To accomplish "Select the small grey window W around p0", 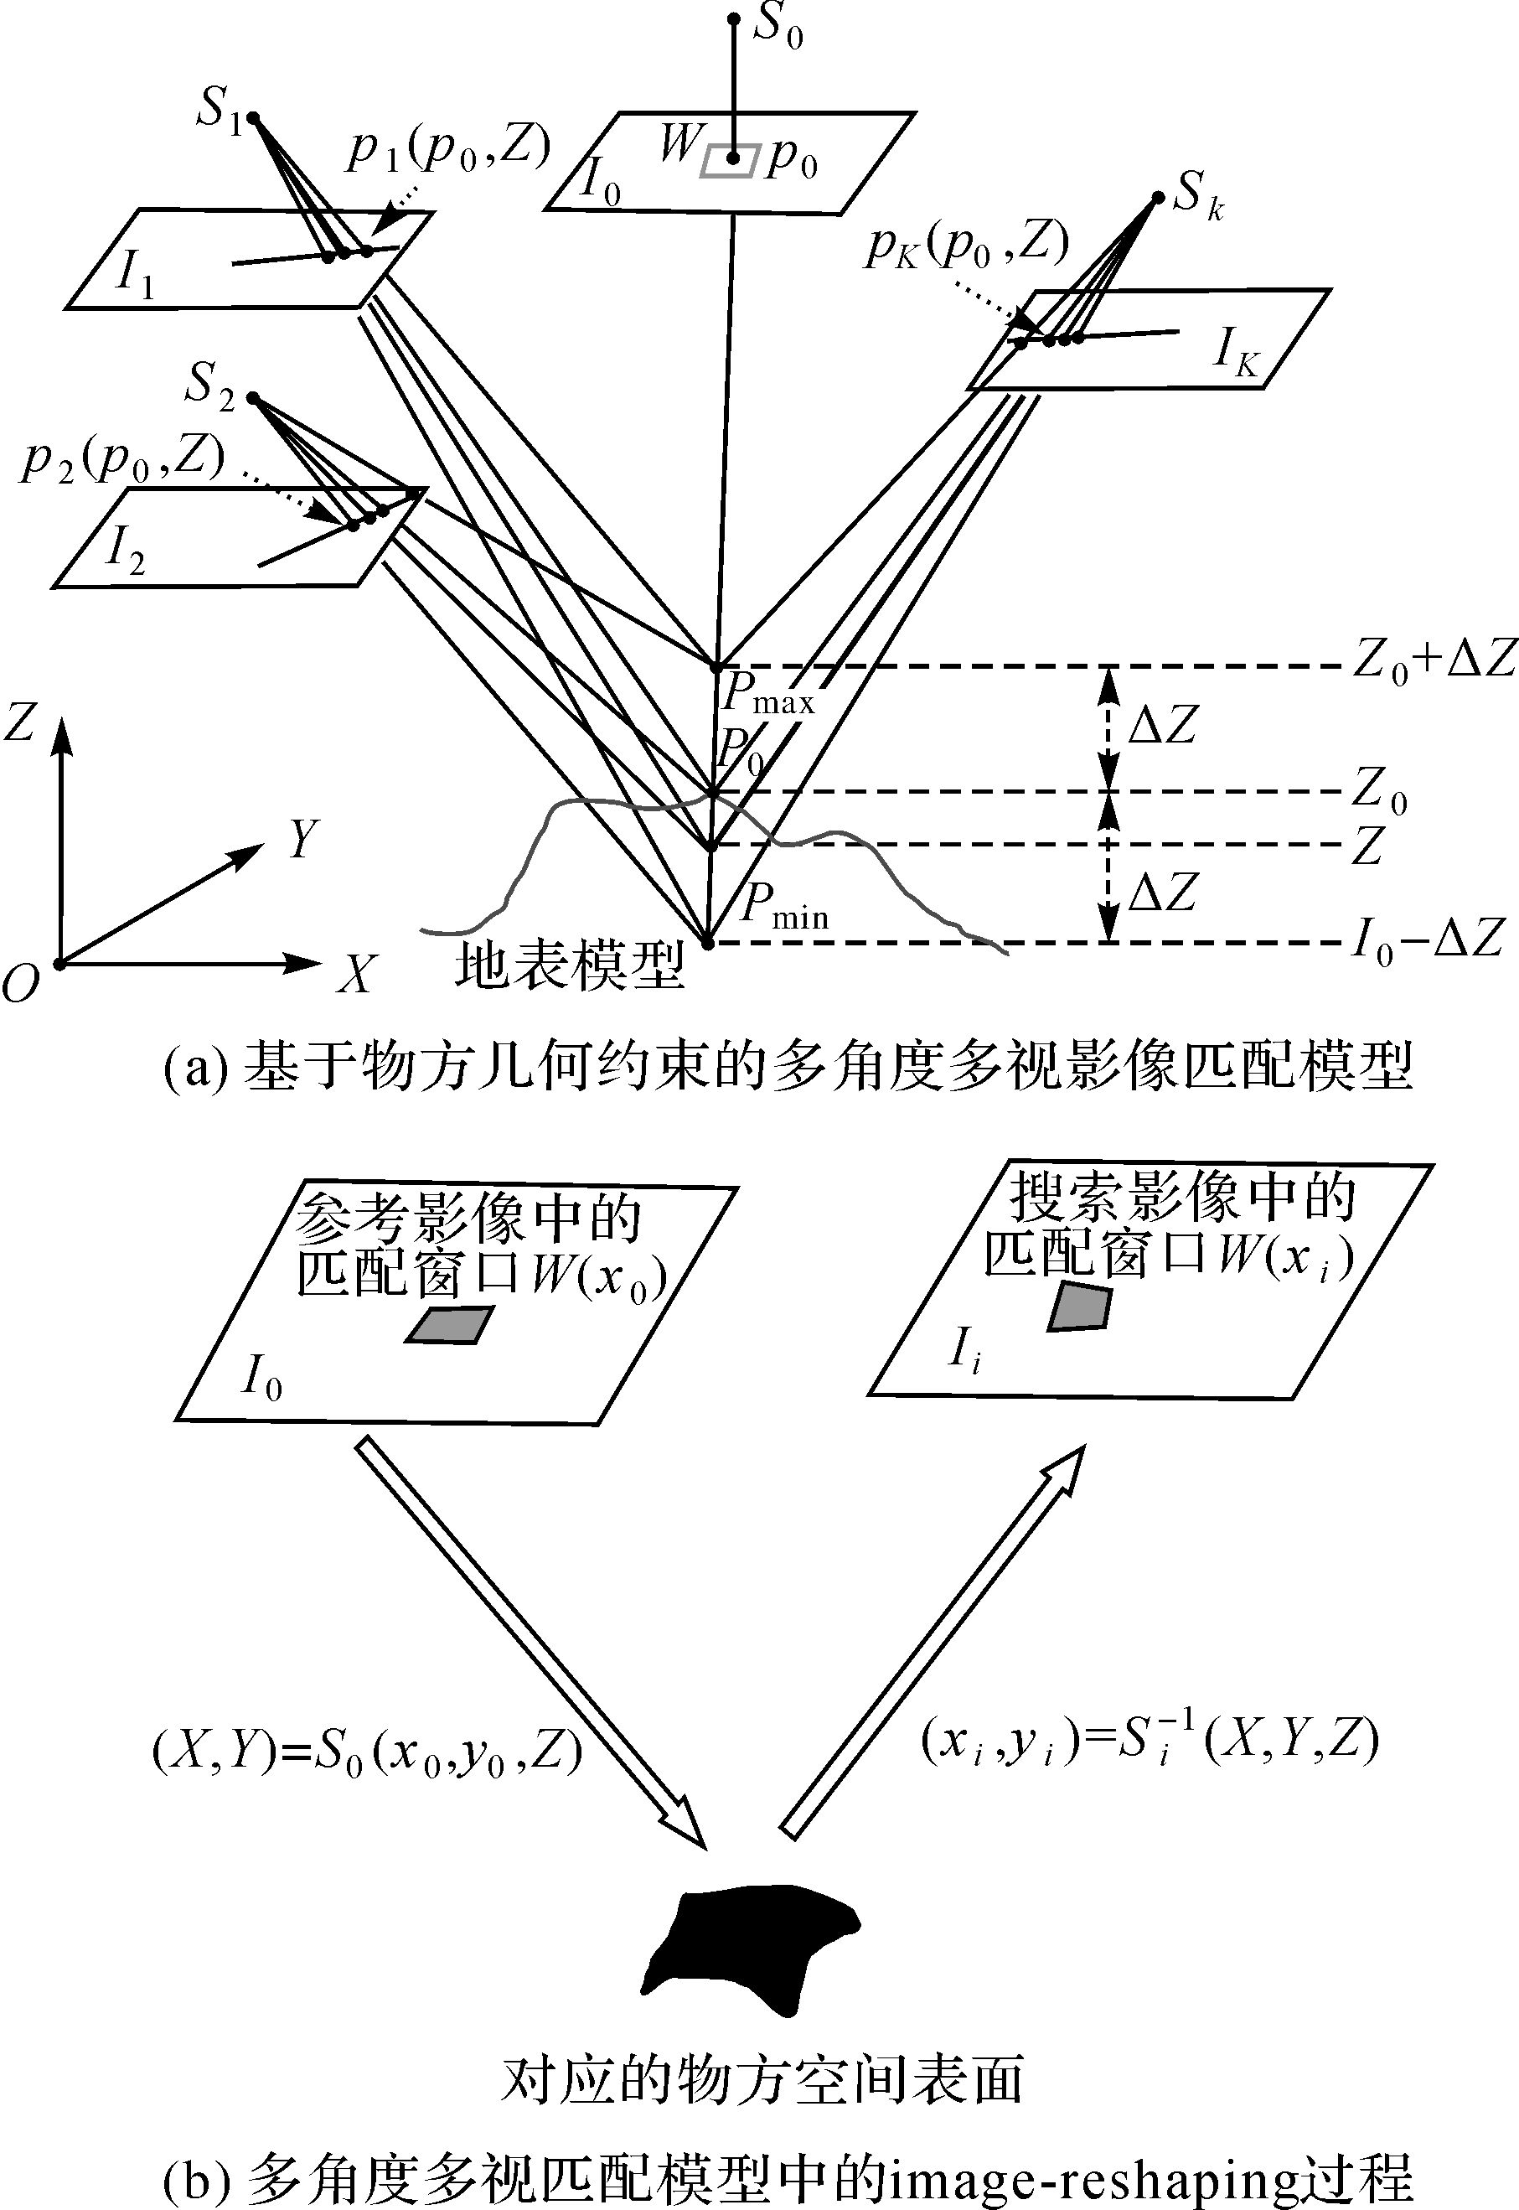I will [x=730, y=160].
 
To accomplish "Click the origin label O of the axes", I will [x=21, y=984].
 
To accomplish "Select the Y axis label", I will [x=302, y=840].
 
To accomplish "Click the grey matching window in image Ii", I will [x=1079, y=1307].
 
